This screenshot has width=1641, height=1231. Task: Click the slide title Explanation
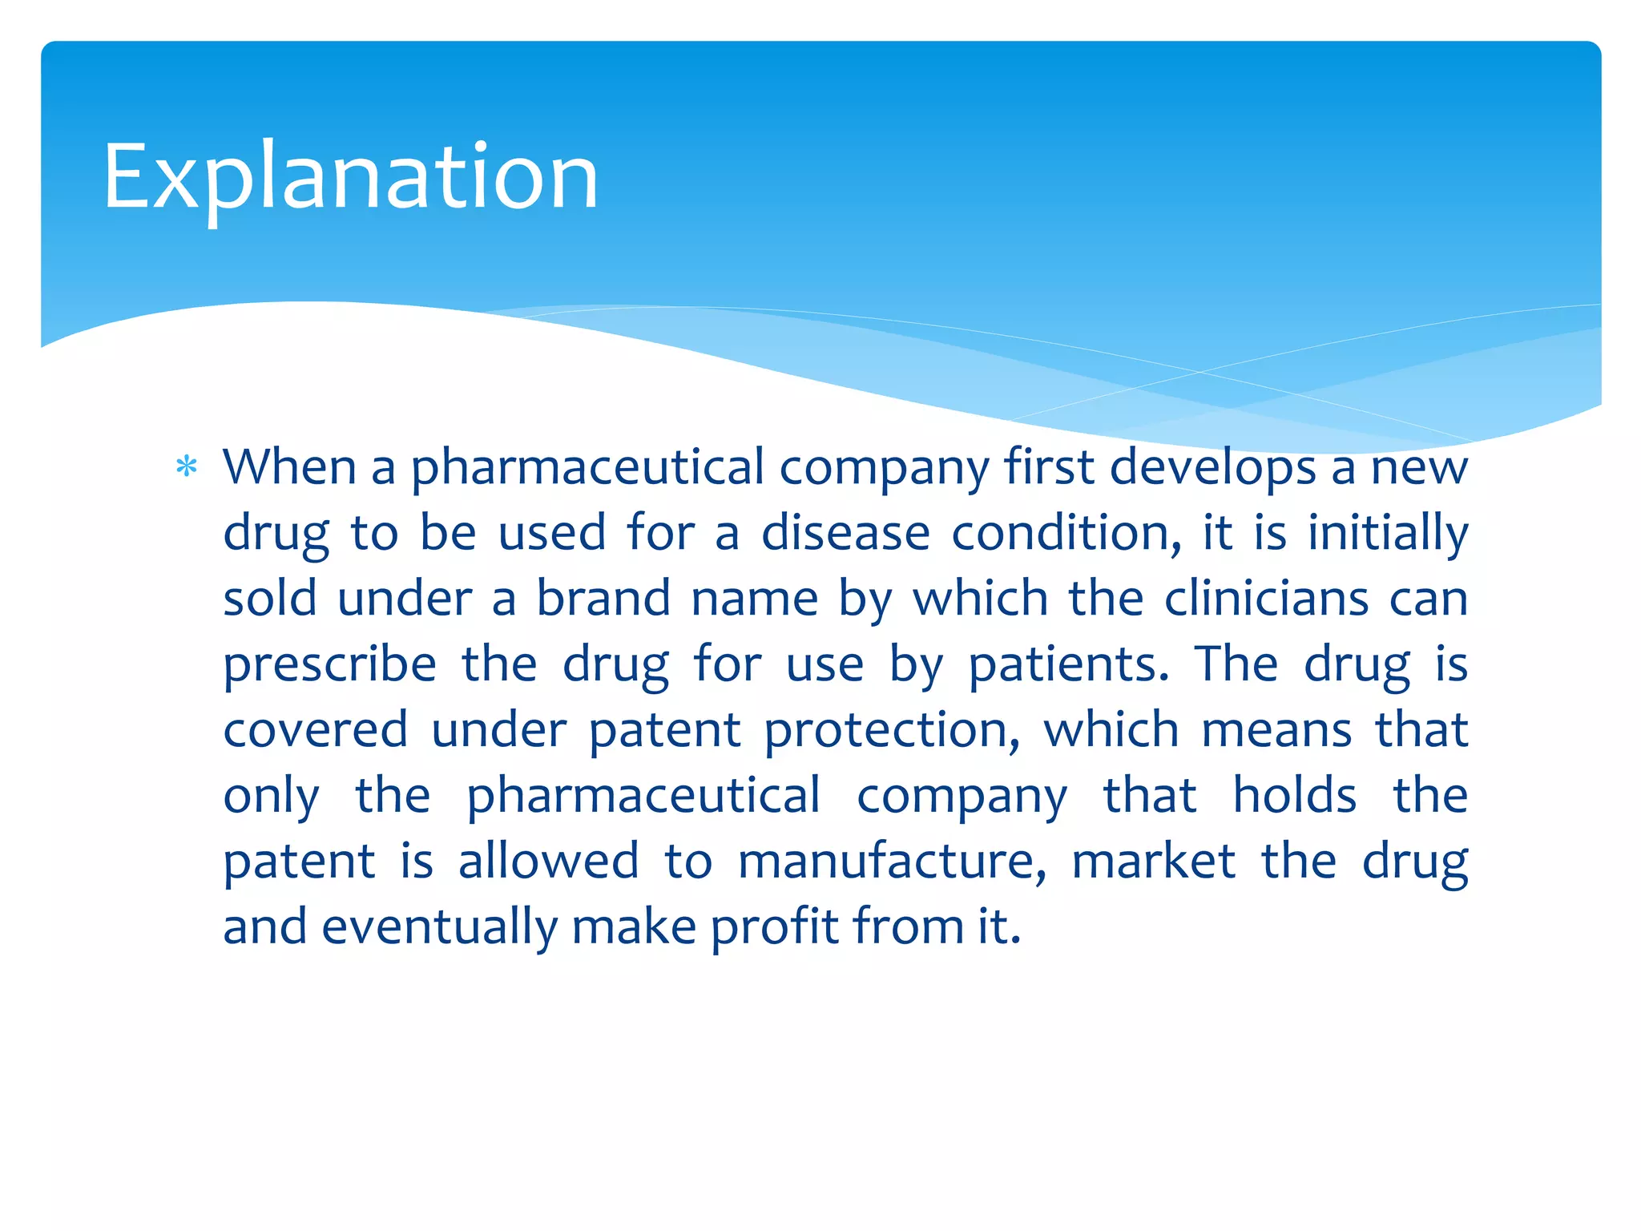[350, 177]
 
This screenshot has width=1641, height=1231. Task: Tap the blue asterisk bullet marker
[187, 466]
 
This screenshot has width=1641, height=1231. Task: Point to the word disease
[845, 533]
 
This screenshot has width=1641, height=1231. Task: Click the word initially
[1388, 535]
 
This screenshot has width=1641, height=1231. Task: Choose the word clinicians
[1266, 599]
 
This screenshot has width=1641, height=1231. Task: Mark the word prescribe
[330, 666]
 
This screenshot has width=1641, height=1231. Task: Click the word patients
[1069, 666]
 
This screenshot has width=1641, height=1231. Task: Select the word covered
[316, 730]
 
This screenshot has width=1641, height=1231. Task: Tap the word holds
[1294, 796]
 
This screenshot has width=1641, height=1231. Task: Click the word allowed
[549, 862]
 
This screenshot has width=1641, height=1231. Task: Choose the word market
[1154, 862]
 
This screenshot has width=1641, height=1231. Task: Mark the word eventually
[440, 928]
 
